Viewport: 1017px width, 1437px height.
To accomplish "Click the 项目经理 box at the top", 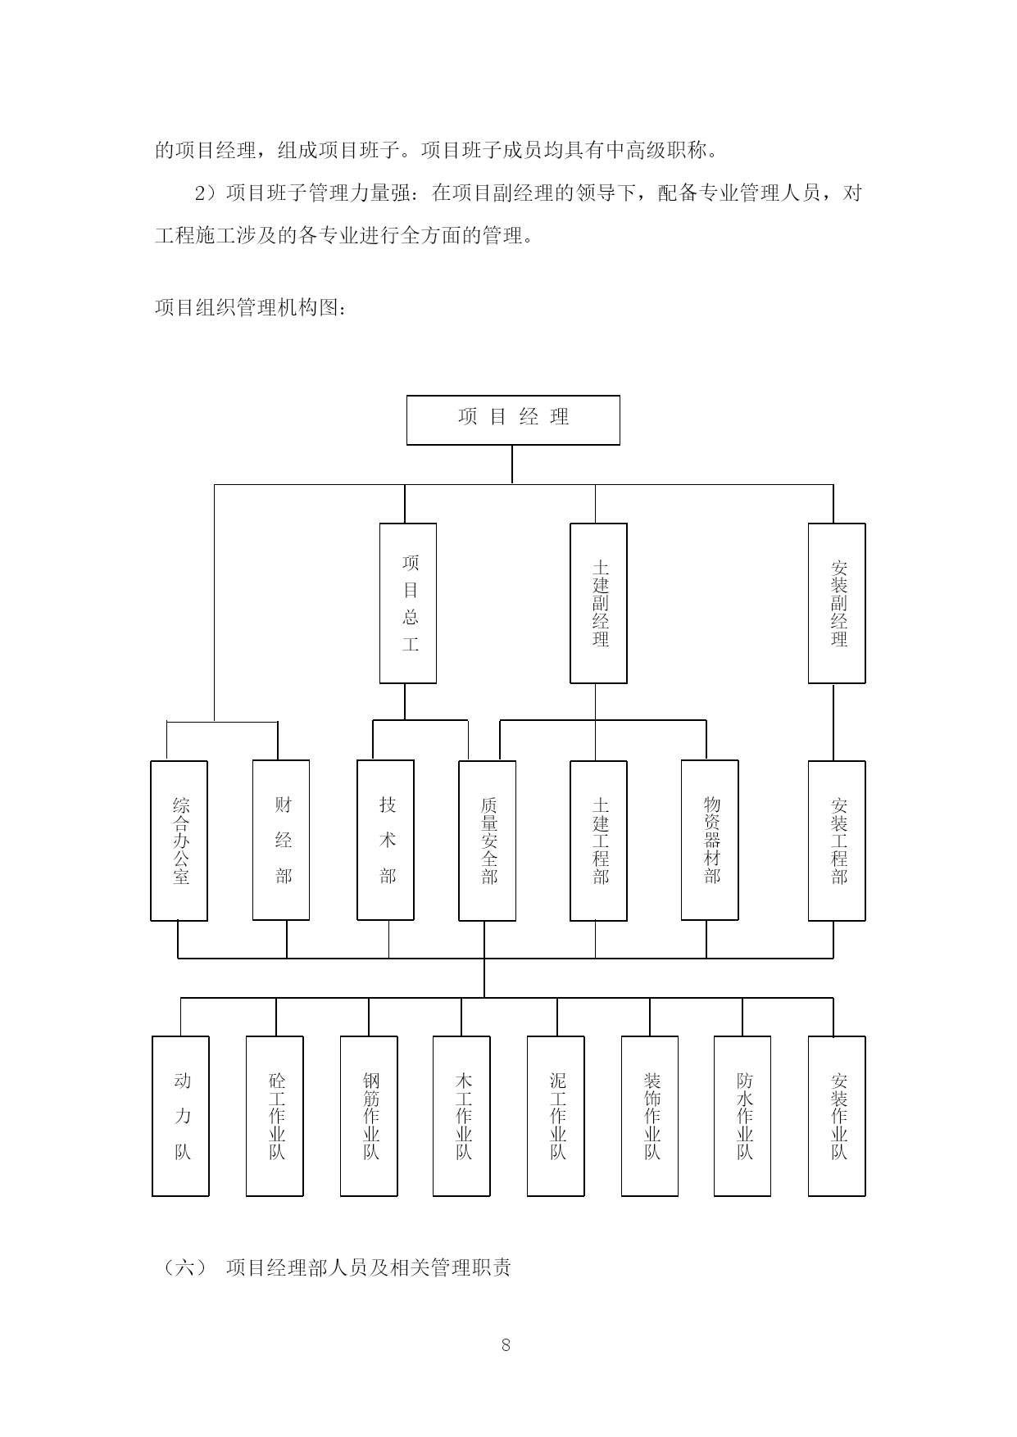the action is click(x=513, y=420).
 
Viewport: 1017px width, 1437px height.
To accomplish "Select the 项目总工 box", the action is click(x=408, y=603).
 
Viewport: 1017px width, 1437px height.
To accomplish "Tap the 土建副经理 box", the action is click(x=599, y=603).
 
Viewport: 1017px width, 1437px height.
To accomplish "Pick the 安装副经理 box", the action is click(x=837, y=603).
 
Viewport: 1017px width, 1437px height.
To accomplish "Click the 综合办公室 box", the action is click(x=179, y=841).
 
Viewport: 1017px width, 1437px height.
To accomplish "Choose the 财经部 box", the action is click(x=281, y=841).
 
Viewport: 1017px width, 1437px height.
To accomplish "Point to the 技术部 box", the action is click(x=386, y=841).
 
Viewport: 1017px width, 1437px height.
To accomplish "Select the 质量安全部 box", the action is click(x=488, y=841).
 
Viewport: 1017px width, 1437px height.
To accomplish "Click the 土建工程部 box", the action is click(x=599, y=841).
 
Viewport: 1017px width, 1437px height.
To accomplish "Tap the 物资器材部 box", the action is click(x=710, y=841).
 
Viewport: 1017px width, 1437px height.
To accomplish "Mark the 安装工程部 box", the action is click(x=837, y=841).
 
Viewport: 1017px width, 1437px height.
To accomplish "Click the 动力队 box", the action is click(x=180, y=1116).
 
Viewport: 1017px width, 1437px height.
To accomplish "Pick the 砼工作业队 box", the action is click(x=275, y=1116).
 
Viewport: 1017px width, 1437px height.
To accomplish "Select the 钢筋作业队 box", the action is click(x=369, y=1116).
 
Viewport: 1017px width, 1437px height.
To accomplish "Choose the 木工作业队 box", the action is click(x=461, y=1116).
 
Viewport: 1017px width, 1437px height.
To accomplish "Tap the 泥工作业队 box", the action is click(x=556, y=1116).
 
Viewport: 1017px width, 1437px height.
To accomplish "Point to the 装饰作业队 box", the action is click(x=650, y=1116).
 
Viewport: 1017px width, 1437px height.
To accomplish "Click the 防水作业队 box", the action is click(x=742, y=1116).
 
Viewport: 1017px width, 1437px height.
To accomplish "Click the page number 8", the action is click(x=506, y=1344).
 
